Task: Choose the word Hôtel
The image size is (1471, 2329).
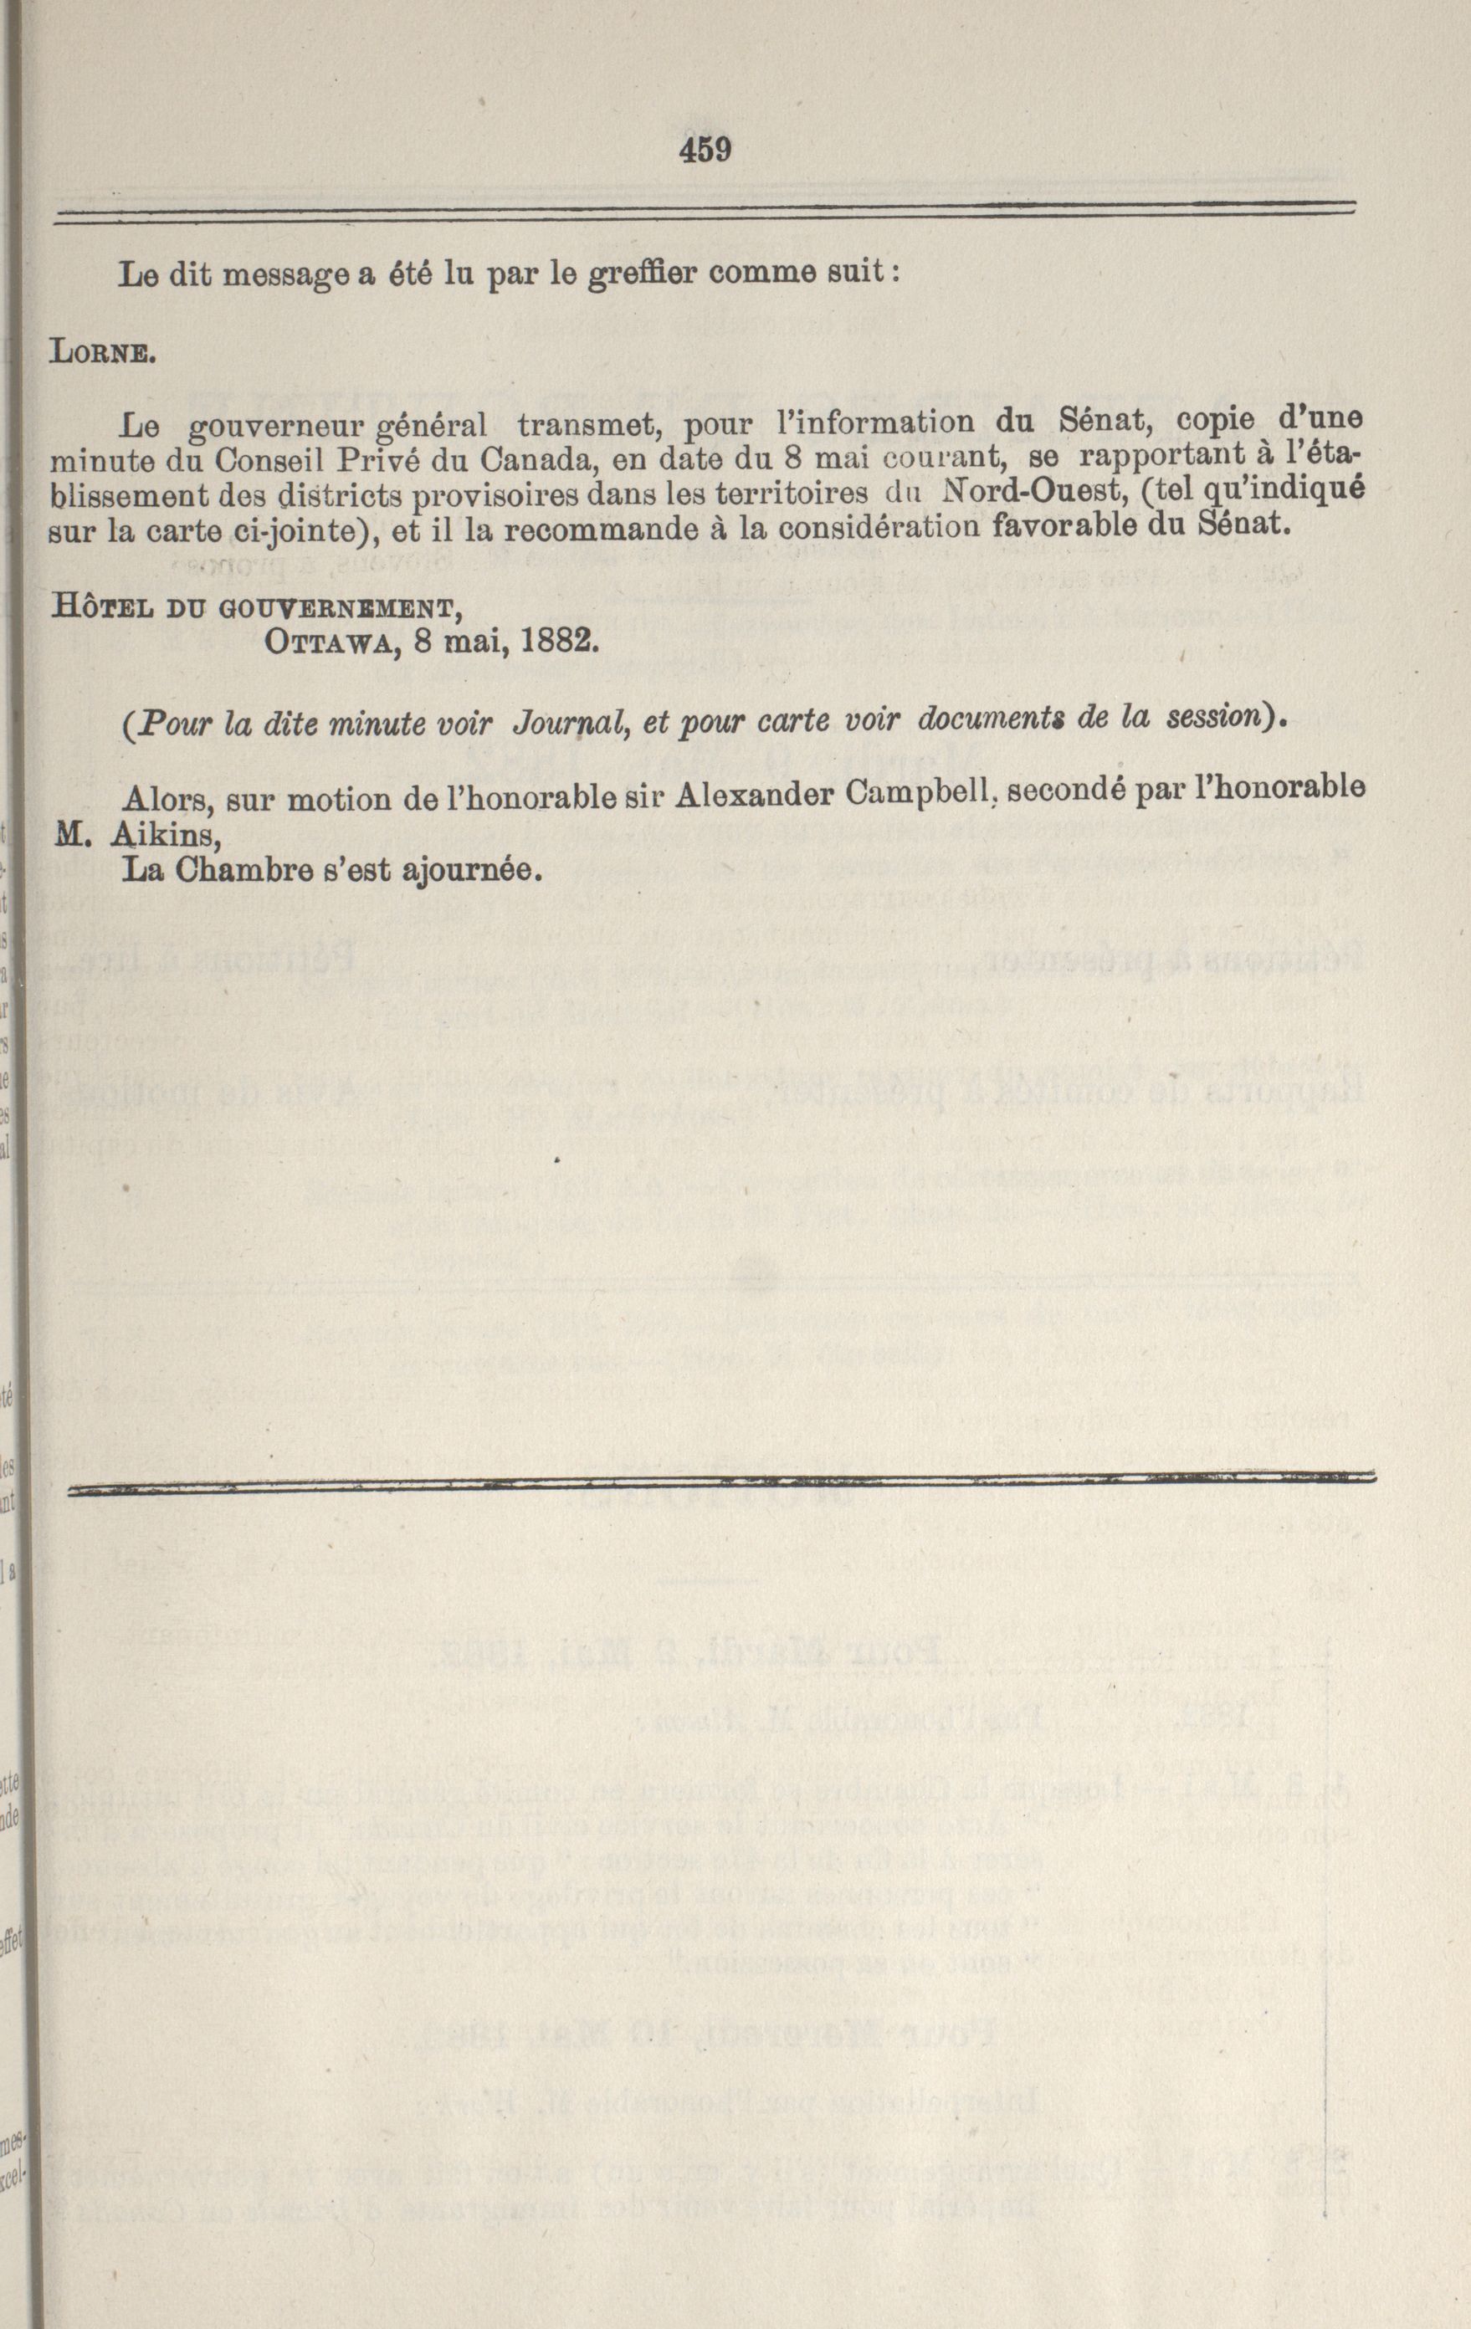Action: [x=98, y=607]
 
